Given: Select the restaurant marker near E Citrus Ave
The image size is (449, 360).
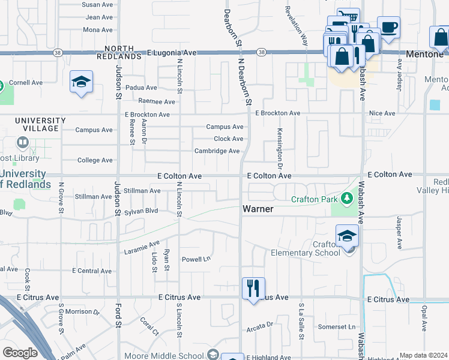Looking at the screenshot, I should point(253,287).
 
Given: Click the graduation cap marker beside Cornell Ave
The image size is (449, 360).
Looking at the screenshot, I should point(81,82).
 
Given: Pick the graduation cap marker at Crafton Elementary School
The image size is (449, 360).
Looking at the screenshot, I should point(347,236).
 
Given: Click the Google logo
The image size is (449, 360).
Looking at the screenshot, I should point(20,353).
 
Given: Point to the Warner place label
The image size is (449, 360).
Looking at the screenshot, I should point(259,209).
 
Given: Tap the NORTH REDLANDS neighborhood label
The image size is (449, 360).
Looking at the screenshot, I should point(122,52).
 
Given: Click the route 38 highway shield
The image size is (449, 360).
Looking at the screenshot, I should point(262,53).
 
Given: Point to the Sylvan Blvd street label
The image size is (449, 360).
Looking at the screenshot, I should point(141,212).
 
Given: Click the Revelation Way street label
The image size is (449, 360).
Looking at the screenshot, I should point(297,26).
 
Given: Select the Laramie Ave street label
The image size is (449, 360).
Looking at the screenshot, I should point(142,247).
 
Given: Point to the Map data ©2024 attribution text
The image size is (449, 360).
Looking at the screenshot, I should point(423,355).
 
